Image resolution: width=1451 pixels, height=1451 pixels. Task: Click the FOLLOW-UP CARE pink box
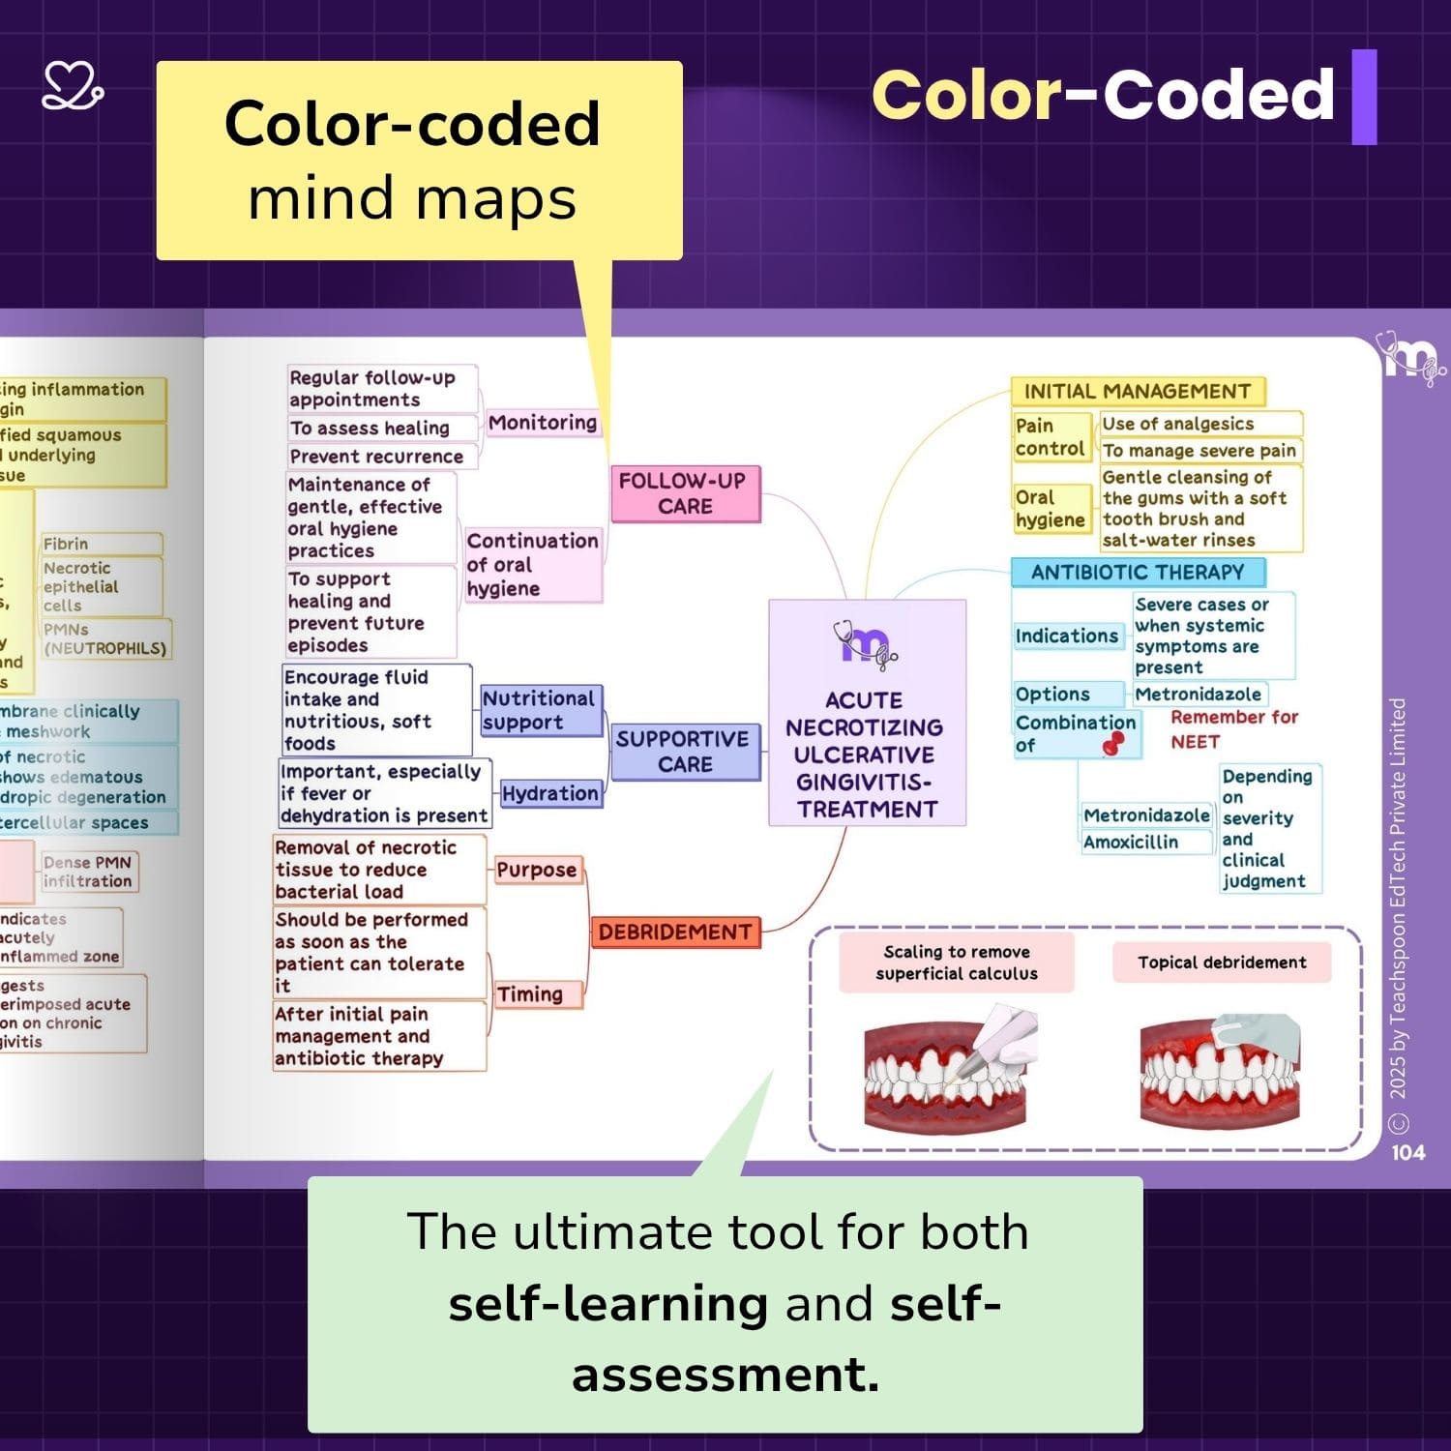(685, 493)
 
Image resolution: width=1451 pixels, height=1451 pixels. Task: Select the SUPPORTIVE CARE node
(685, 752)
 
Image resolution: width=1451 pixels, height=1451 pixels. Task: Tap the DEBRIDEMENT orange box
(675, 933)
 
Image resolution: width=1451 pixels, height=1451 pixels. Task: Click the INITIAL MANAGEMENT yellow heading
(1137, 392)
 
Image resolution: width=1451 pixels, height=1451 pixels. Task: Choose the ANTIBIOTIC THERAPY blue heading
(1137, 573)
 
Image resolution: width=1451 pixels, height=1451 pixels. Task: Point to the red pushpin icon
(1114, 743)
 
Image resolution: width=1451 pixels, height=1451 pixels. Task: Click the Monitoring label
(542, 423)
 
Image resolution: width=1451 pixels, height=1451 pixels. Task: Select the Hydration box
(549, 794)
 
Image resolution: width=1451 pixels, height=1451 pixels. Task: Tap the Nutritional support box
(539, 711)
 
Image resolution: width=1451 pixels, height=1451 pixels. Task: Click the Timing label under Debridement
(530, 994)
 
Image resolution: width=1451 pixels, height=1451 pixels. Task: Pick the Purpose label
(537, 870)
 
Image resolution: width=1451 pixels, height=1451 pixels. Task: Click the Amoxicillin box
(1131, 843)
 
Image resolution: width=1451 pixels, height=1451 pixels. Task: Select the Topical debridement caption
(1222, 962)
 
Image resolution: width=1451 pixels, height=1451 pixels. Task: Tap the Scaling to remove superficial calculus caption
(956, 962)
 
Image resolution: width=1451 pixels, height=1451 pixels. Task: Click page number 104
(1407, 1152)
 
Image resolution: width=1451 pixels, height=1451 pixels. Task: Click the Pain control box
(1050, 437)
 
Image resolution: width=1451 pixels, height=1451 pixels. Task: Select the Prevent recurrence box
(377, 457)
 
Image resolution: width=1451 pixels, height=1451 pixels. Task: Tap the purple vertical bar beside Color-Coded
(1364, 97)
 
